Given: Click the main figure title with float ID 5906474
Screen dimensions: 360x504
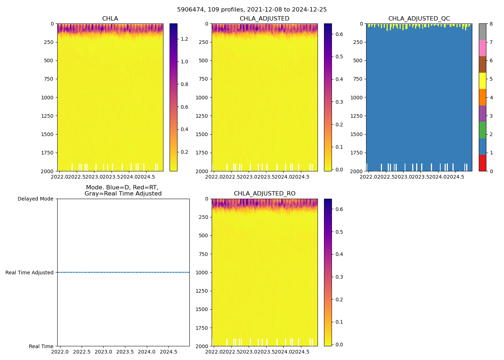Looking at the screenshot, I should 252,10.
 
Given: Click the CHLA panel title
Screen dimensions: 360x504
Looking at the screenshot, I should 110,19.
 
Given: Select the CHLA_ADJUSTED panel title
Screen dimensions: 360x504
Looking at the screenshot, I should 264,19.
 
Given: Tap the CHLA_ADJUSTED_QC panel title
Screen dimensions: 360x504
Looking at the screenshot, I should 419,19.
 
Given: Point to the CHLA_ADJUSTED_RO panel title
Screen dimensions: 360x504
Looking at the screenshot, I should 264,194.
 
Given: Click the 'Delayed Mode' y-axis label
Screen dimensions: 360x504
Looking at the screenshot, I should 35,199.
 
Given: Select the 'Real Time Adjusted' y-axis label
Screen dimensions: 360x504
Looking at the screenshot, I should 30,273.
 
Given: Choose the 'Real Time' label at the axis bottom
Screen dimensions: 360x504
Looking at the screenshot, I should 41,346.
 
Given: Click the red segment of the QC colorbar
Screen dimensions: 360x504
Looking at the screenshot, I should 482,163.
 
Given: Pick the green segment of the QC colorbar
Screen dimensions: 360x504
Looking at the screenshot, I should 482,130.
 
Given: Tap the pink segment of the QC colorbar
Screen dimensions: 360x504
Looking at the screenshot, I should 482,48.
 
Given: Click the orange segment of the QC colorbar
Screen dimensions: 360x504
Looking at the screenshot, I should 482,97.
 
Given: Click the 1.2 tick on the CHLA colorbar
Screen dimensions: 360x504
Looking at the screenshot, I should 184,39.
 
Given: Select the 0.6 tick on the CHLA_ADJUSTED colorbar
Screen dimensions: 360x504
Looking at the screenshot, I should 339,34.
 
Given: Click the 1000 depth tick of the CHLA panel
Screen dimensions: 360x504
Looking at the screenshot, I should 47,98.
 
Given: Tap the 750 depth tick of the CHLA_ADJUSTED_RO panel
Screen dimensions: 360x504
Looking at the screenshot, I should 203,254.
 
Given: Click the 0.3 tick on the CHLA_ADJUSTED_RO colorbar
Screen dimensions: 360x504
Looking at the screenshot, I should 339,277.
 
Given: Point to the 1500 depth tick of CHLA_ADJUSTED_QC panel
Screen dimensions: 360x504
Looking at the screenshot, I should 356,134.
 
